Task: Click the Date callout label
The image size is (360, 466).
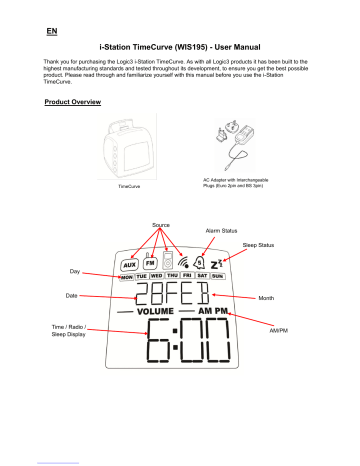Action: coord(73,296)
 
